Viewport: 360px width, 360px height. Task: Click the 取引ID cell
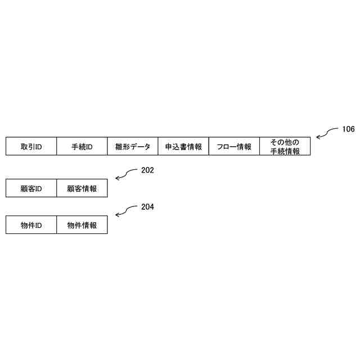[x=31, y=147]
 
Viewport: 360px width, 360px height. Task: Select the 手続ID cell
[x=82, y=147]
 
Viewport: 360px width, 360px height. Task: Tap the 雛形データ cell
[x=132, y=147]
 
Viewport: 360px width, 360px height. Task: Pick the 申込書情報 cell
[x=183, y=147]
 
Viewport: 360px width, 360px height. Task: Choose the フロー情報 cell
[x=233, y=147]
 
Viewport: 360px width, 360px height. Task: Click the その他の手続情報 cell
[x=284, y=147]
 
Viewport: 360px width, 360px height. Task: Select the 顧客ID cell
[x=31, y=188]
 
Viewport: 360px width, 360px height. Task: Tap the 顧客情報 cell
[x=82, y=188]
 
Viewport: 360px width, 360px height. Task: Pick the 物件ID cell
[x=31, y=226]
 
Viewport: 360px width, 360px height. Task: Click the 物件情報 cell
[x=82, y=226]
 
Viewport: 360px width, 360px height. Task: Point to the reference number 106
[x=348, y=129]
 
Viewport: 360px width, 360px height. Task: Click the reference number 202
[x=147, y=170]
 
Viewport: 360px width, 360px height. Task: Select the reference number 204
[x=147, y=207]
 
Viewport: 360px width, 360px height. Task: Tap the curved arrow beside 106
[x=326, y=133]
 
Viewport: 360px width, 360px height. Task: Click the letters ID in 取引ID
[x=38, y=147]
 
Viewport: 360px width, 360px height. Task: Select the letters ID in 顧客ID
[x=38, y=189]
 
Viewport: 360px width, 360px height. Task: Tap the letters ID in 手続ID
[x=89, y=147]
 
